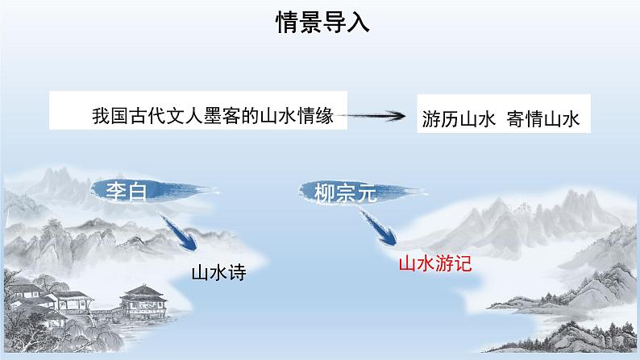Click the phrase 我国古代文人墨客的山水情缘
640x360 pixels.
click(219, 116)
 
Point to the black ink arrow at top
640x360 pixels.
click(379, 116)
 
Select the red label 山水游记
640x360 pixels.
click(434, 262)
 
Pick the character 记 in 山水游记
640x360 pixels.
click(460, 262)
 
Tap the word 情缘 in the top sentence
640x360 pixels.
click(329, 116)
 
